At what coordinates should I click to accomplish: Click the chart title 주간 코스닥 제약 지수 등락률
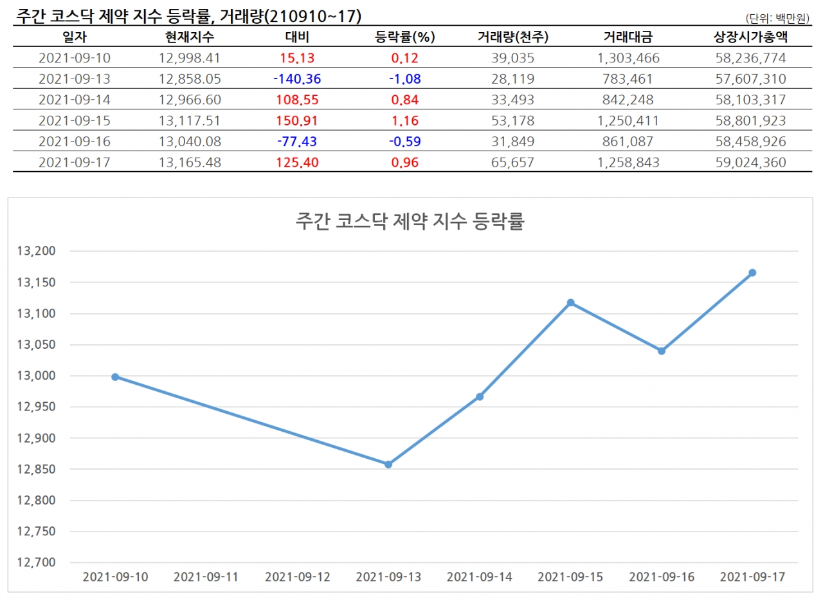(x=410, y=222)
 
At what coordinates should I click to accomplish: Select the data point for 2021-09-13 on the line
(x=388, y=464)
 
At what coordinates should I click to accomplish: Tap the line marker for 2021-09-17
(x=752, y=273)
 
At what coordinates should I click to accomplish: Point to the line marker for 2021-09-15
(x=570, y=302)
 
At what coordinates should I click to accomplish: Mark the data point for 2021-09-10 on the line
(x=115, y=377)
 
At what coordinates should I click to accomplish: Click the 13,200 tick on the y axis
(x=36, y=251)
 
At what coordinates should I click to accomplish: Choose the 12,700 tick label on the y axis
(x=36, y=563)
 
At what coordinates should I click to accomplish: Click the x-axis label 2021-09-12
(x=297, y=577)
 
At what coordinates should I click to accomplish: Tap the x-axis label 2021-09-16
(x=661, y=577)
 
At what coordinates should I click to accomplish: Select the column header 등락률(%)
(x=405, y=37)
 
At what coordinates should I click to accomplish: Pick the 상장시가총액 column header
(x=750, y=37)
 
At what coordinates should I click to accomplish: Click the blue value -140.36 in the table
(x=296, y=79)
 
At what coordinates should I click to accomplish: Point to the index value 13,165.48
(x=190, y=163)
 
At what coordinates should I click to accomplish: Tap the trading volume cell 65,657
(x=512, y=163)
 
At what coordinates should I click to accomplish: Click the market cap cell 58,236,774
(x=750, y=59)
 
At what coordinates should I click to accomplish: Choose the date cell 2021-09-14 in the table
(x=75, y=100)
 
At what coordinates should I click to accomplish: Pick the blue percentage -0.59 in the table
(x=405, y=142)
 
